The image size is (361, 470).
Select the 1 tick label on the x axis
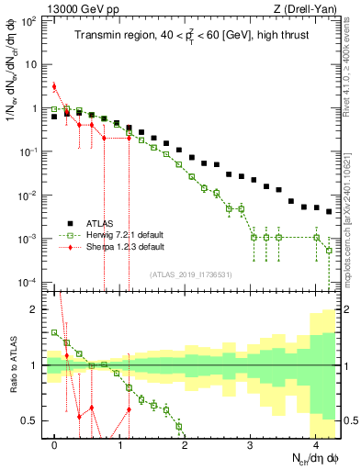tap(120, 446)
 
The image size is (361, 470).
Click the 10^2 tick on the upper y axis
tap(30, 21)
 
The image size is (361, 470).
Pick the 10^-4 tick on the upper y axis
tap(30, 281)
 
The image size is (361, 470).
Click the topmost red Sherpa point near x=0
tap(54, 87)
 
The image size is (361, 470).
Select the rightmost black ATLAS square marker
tap(329, 210)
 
